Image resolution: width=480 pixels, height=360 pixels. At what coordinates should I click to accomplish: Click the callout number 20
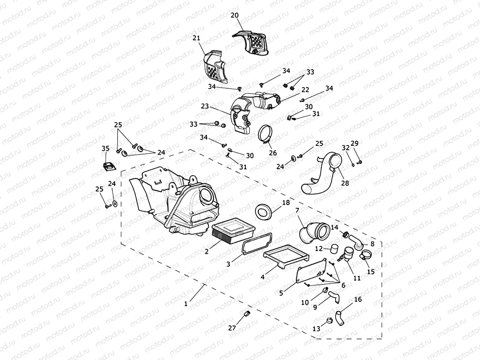[235, 15]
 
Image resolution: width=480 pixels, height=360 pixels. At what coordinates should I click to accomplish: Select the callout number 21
[196, 38]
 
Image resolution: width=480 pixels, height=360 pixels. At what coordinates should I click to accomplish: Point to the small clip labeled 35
[109, 165]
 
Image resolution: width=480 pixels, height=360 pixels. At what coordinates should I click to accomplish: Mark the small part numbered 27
[246, 314]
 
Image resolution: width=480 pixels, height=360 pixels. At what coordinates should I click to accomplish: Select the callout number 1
[186, 303]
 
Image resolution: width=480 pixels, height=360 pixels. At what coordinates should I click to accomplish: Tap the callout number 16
[358, 299]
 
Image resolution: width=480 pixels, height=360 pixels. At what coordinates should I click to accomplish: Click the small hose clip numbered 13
[329, 321]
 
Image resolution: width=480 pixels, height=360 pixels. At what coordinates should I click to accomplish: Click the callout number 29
[354, 144]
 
